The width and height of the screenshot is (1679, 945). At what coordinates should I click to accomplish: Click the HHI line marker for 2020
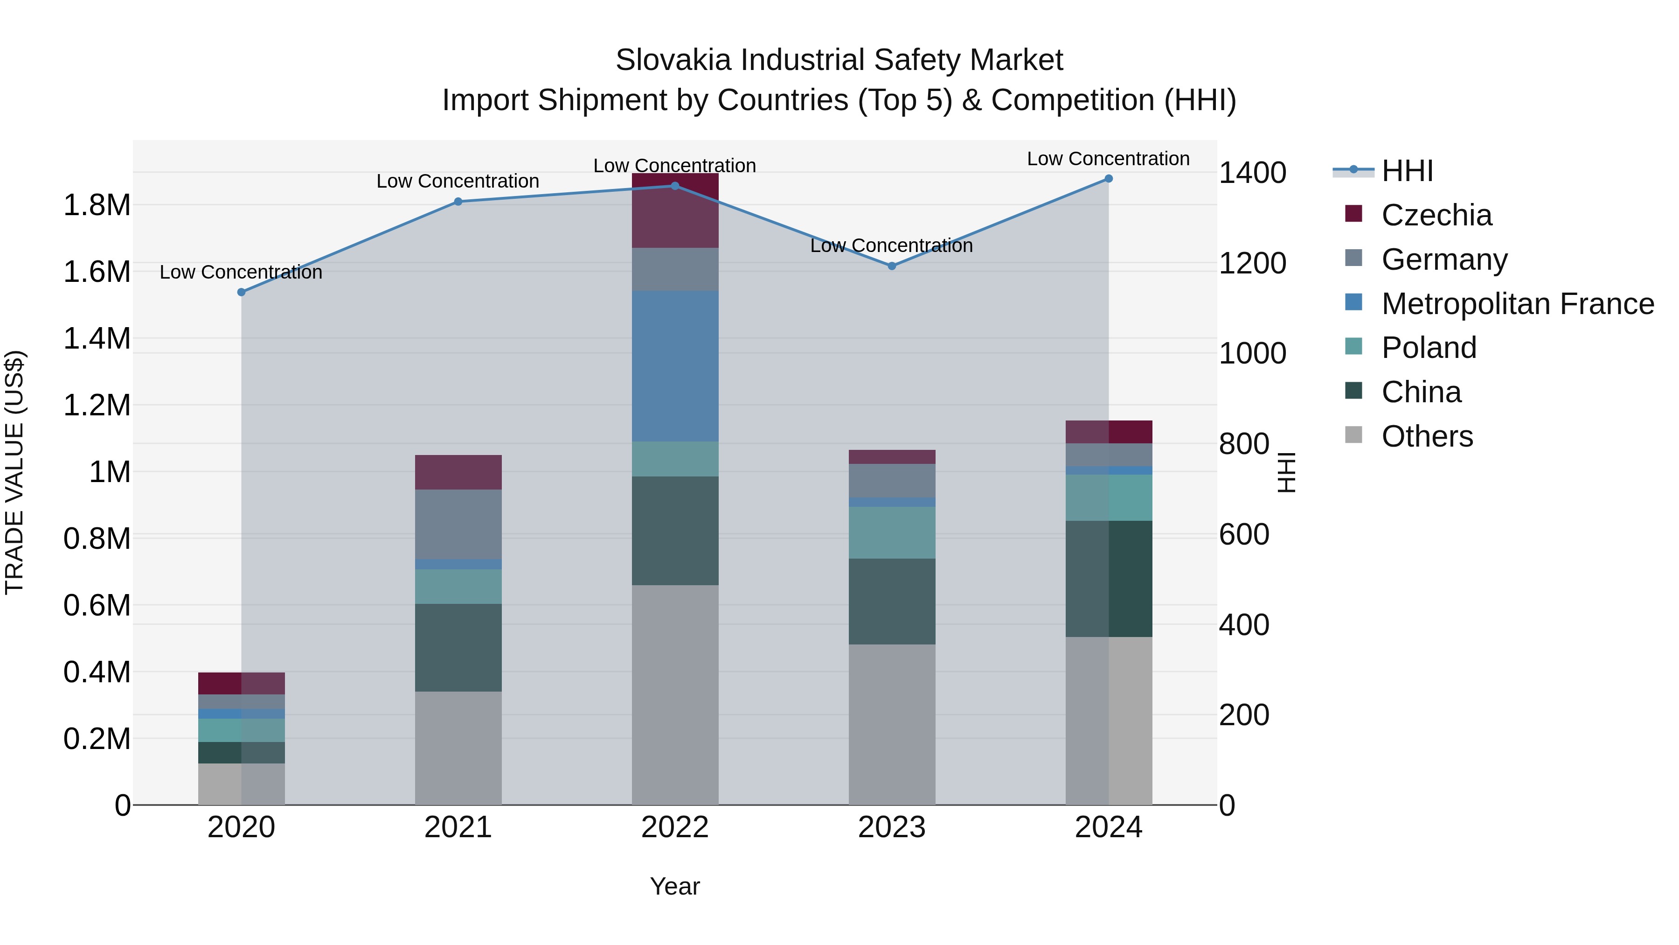coord(241,292)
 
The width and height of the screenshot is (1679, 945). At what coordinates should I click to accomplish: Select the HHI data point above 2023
coord(892,266)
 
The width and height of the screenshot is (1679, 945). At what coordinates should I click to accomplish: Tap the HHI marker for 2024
coord(1109,179)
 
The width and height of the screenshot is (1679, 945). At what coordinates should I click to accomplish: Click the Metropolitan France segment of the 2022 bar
coord(675,366)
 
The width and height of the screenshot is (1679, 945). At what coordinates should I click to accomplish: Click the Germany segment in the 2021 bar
coord(458,525)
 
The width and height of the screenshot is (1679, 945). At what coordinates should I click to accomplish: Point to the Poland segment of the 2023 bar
coord(892,532)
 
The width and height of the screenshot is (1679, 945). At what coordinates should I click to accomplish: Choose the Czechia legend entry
coord(1436,215)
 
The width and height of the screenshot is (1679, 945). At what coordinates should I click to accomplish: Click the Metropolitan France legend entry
coord(1517,304)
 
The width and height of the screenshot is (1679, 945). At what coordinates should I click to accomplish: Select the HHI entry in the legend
coord(1407,171)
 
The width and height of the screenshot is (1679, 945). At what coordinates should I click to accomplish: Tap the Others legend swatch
coord(1353,435)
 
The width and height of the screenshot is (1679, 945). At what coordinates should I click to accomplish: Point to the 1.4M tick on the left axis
coord(97,338)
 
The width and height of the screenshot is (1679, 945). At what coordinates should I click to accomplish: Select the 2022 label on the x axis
coord(674,827)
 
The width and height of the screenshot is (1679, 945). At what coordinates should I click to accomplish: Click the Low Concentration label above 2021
coord(458,182)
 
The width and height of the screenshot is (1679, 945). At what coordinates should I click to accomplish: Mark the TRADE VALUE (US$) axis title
coord(14,472)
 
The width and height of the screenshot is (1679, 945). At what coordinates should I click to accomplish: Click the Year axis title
coord(674,886)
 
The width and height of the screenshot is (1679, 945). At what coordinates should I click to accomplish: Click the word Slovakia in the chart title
coord(674,60)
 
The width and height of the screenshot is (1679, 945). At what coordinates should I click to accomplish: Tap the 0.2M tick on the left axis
coord(97,739)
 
